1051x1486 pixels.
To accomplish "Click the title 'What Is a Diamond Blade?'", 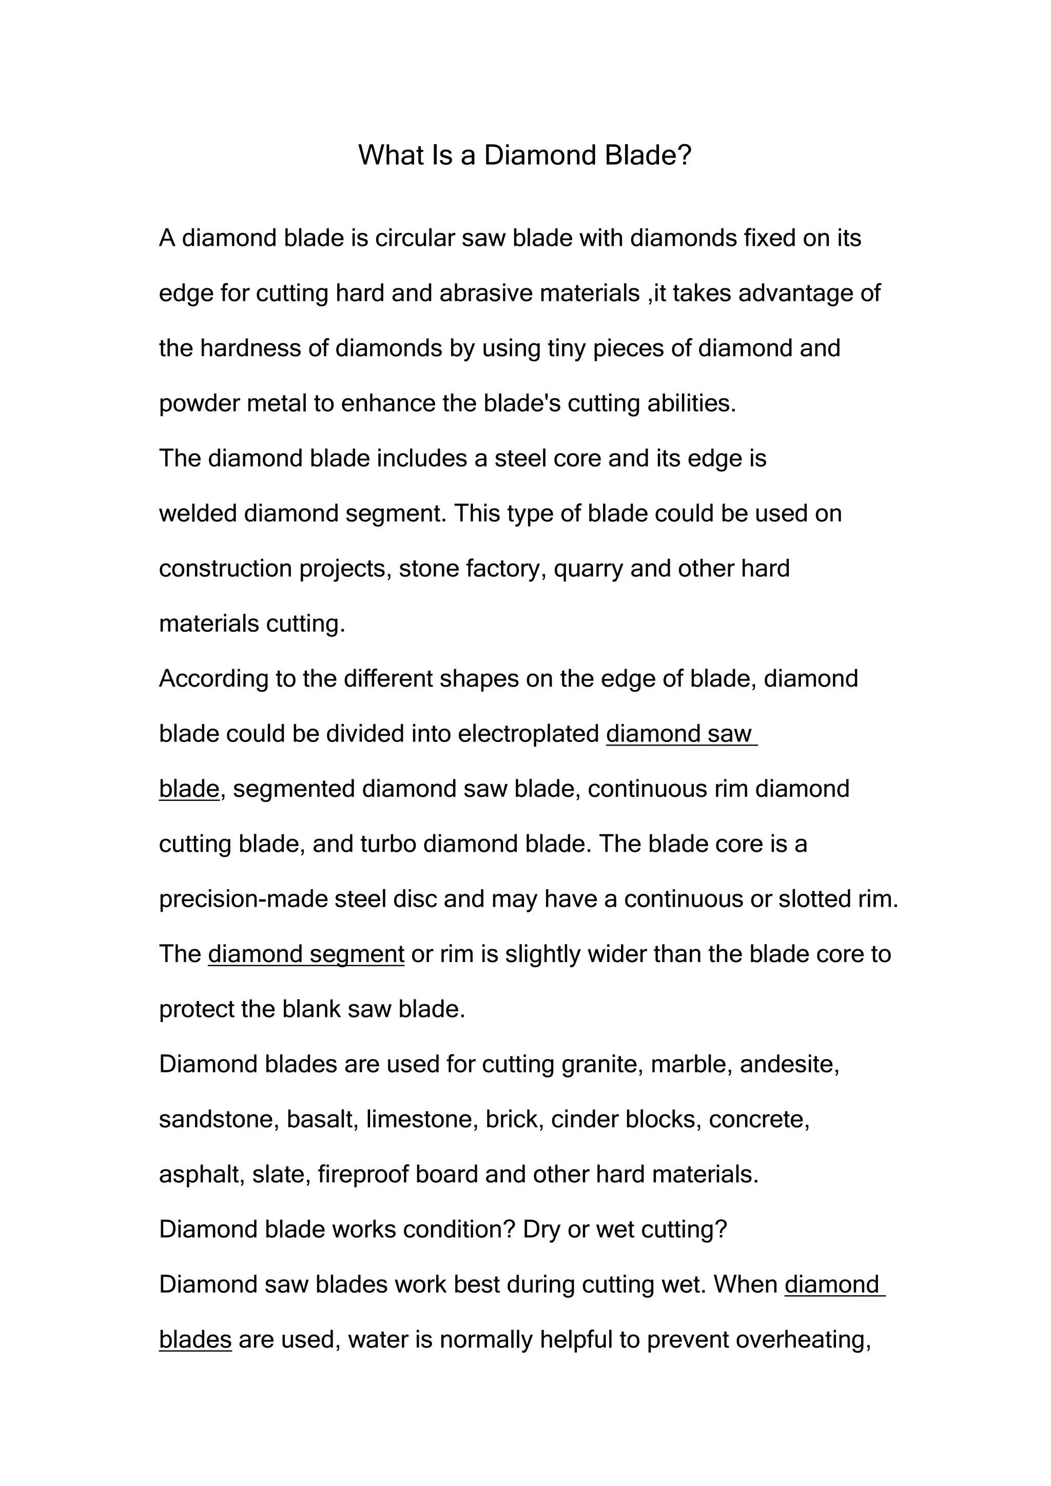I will pos(525,155).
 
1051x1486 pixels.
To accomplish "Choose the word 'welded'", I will pos(198,513).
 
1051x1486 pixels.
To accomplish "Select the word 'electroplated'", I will pos(528,734).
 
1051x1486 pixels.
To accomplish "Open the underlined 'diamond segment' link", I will pos(306,954).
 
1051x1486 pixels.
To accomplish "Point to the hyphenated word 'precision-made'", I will pos(243,900).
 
